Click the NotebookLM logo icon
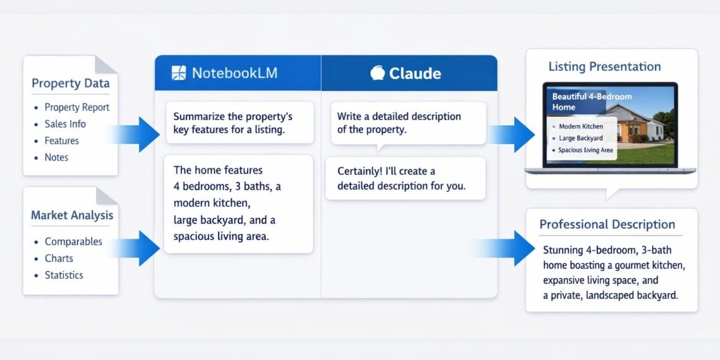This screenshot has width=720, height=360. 179,73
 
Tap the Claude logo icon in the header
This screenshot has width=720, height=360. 377,73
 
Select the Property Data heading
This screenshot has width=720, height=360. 70,83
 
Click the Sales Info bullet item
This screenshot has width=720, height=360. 65,124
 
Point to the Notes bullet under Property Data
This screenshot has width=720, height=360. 56,157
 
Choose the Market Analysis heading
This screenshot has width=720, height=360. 72,215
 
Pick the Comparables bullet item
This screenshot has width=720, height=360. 73,241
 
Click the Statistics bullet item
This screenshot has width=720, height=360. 64,275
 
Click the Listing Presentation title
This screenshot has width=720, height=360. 604,66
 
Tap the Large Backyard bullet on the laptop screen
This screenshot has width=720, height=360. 580,138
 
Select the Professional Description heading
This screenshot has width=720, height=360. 607,224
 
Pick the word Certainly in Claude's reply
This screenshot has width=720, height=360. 363,171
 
